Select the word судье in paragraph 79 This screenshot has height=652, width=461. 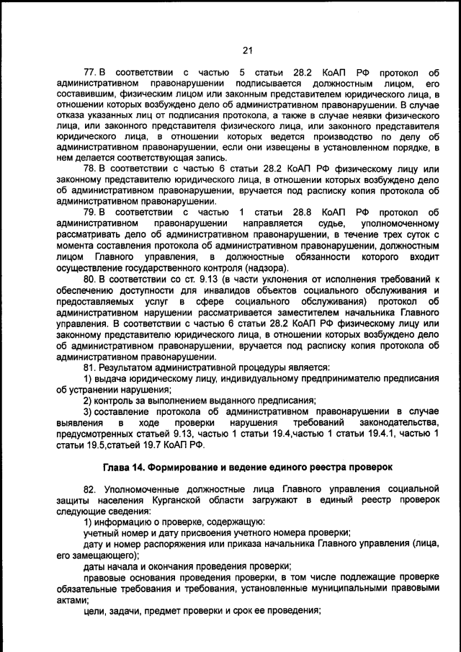[318, 224]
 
